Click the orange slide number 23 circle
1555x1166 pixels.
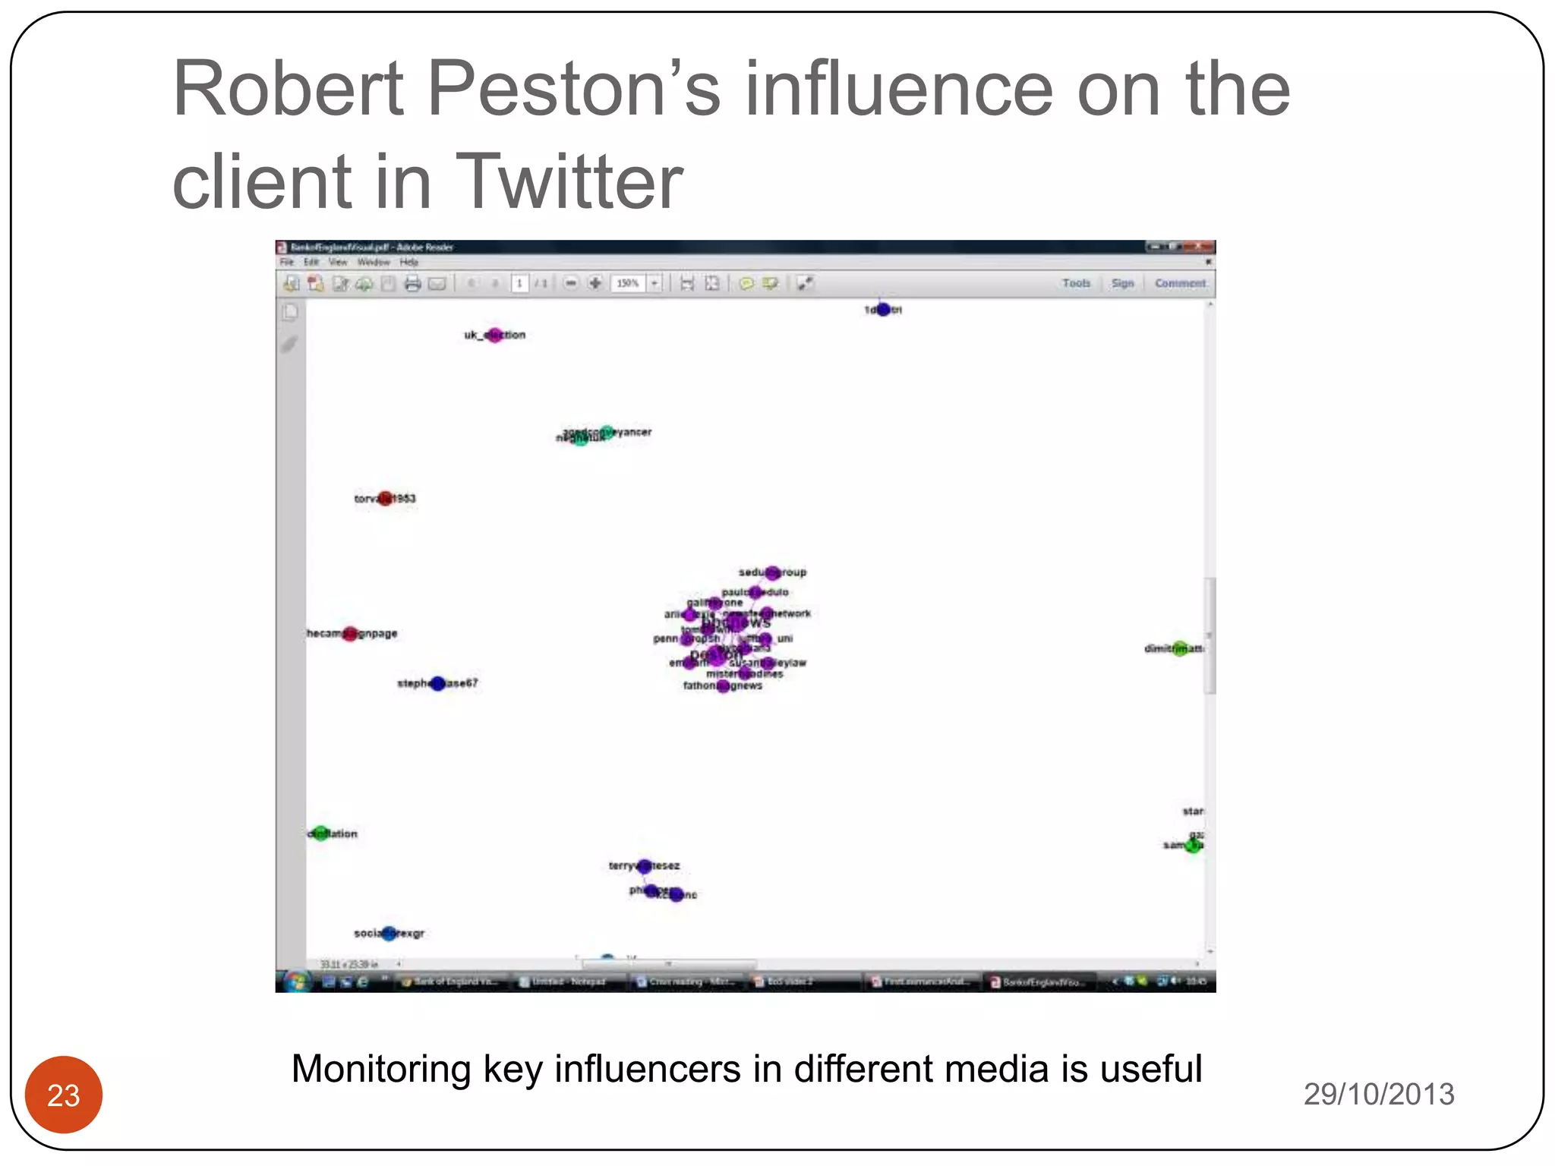[x=64, y=1095]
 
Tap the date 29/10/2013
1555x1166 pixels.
[x=1379, y=1094]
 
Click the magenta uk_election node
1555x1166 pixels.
[x=495, y=335]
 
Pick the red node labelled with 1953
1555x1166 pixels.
[x=386, y=499]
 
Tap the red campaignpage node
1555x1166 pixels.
[x=350, y=634]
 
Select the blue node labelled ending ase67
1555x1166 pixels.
[x=438, y=683]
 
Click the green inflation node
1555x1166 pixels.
[x=321, y=834]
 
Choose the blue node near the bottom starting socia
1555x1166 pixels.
[x=390, y=933]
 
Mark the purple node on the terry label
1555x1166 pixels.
[x=645, y=865]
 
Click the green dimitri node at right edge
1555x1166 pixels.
[x=1179, y=648]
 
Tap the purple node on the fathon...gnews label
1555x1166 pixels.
[x=723, y=686]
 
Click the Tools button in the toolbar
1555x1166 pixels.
[x=1076, y=283]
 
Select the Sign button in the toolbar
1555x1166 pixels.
[x=1122, y=283]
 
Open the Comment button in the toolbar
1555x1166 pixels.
[x=1180, y=283]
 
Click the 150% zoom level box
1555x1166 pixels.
[x=628, y=283]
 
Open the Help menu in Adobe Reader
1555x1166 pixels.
[x=409, y=262]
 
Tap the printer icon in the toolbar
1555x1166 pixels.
[x=412, y=284]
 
